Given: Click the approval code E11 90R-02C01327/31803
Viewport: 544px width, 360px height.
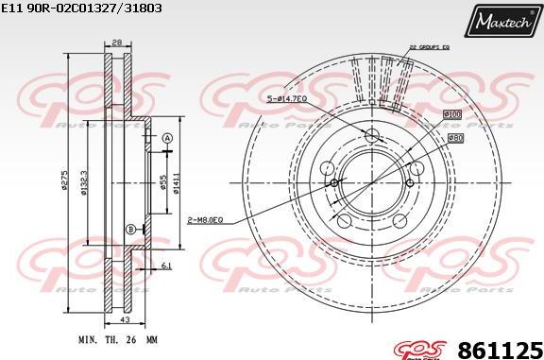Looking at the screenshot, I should point(83,8).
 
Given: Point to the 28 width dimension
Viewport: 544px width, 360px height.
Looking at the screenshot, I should point(117,43).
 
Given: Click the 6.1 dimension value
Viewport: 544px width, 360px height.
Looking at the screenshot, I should point(166,267).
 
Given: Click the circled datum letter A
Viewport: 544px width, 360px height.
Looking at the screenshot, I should point(167,139).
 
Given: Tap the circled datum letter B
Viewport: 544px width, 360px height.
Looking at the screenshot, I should point(128,230).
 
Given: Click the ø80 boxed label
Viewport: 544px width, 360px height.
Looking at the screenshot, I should point(454,138).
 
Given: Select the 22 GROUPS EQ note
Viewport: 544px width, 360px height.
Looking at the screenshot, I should point(429,44).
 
